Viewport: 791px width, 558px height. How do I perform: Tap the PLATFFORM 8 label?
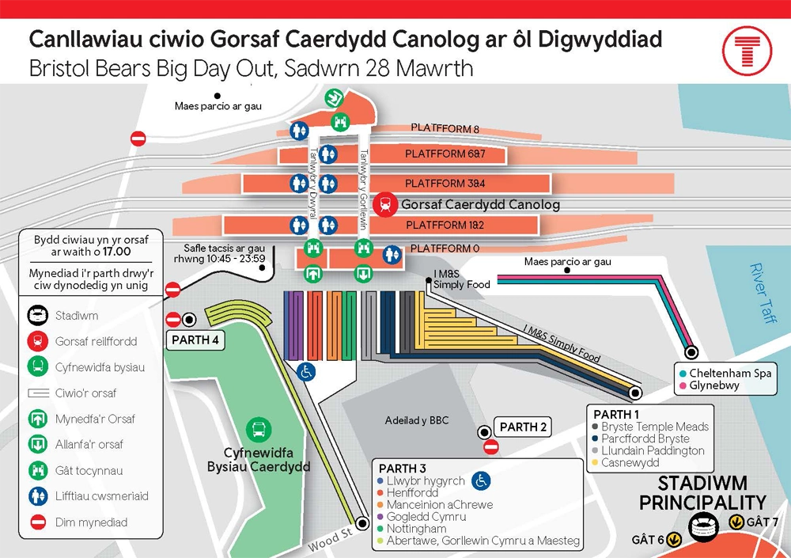[x=445, y=128]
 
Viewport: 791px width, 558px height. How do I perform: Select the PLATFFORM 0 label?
[x=443, y=249]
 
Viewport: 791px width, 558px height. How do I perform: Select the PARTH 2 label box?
[x=523, y=427]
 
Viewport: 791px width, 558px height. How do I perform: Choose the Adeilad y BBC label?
[x=416, y=420]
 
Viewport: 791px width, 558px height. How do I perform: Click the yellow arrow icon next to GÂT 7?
[x=736, y=522]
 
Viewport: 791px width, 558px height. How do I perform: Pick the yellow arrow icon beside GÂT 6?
[x=674, y=539]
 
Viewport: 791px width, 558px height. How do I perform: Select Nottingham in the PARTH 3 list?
[x=417, y=529]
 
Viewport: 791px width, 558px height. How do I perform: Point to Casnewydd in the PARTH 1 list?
[x=630, y=462]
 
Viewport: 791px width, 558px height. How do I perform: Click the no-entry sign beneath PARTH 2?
[x=490, y=448]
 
